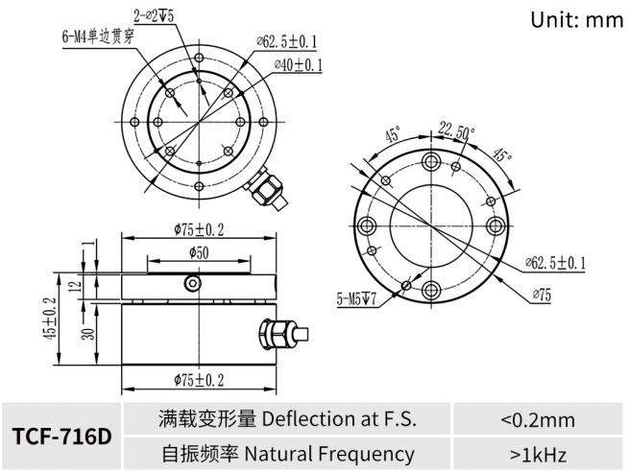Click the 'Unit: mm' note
(576, 19)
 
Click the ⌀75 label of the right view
(538, 296)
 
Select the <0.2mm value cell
(538, 419)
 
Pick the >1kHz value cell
(538, 454)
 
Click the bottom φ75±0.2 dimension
(199, 381)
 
